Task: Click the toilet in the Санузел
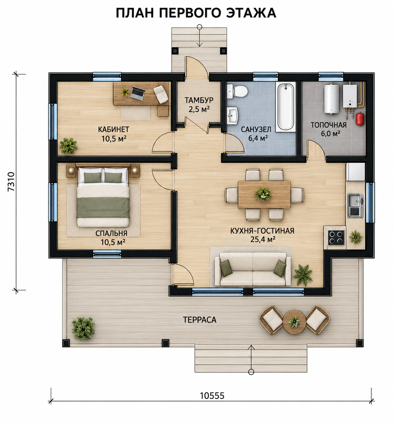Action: pos(237,91)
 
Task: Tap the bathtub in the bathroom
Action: pos(286,106)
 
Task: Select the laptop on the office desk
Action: pos(138,93)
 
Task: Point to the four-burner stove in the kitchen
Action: pos(336,237)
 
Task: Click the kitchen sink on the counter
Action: pos(355,205)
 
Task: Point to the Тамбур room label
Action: pos(199,100)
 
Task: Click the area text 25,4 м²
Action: pos(263,239)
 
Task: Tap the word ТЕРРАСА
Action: pos(199,320)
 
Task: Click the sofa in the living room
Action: pos(253,269)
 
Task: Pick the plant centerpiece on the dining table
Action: pos(263,194)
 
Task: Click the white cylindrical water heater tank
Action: pos(331,99)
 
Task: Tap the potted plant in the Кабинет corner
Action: pos(68,146)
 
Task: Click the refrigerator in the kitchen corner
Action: pos(355,172)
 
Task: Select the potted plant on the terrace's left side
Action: pos(83,328)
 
